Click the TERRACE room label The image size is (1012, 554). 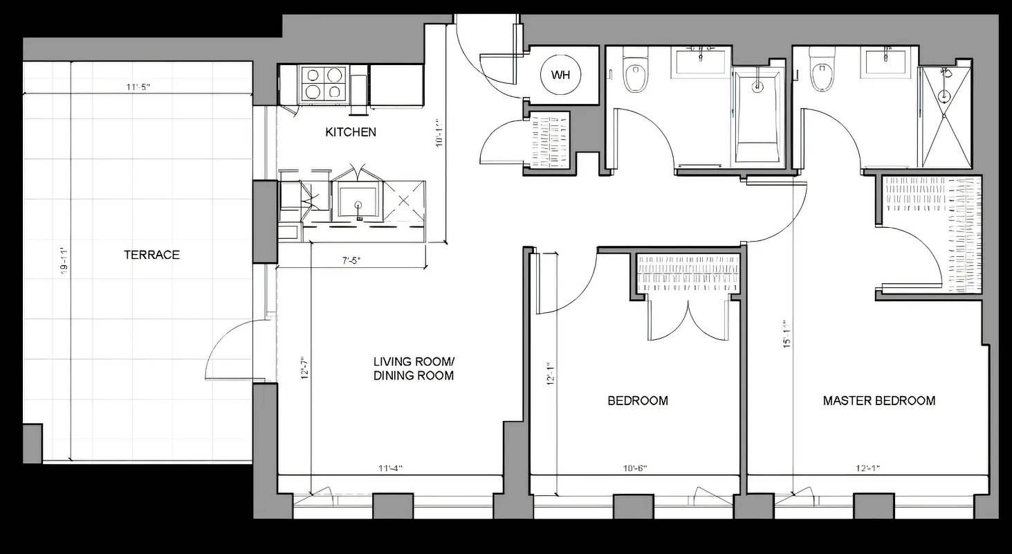(151, 255)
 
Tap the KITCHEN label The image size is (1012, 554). (351, 132)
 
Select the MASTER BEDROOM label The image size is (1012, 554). (878, 400)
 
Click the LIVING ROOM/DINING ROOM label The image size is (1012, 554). (414, 368)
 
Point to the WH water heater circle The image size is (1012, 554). (560, 75)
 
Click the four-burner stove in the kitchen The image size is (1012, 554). (324, 83)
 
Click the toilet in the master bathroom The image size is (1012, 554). (821, 73)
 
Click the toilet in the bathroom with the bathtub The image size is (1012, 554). (634, 73)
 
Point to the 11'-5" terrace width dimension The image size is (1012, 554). (138, 87)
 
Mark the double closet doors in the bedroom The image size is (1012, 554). (688, 320)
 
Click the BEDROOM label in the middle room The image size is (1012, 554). (637, 400)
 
